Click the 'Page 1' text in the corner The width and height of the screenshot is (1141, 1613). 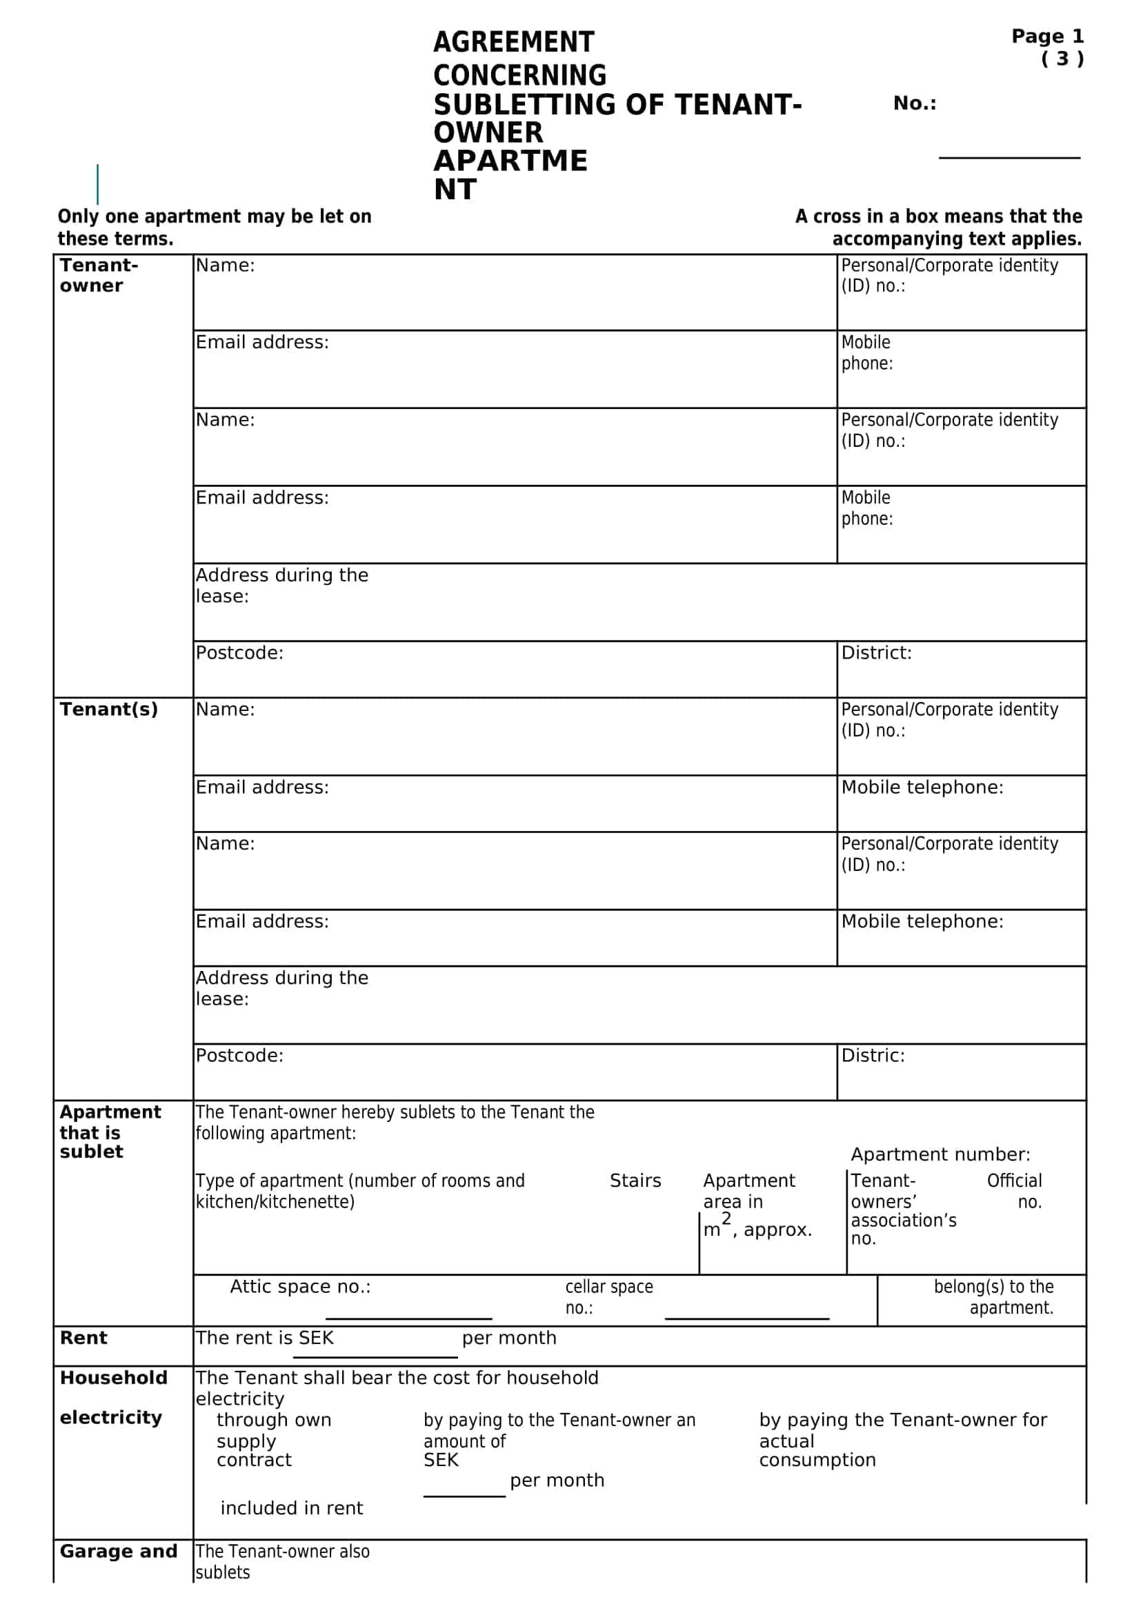point(1047,37)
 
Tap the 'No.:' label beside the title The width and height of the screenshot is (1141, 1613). point(914,103)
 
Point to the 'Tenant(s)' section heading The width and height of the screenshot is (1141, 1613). point(108,710)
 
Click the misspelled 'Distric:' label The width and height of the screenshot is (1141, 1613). point(873,1056)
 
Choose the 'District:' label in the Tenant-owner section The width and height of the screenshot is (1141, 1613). point(876,653)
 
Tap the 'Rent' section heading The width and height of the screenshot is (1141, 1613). point(83,1339)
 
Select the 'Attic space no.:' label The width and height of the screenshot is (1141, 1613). point(300,1287)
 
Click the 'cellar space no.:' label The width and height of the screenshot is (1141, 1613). point(608,1297)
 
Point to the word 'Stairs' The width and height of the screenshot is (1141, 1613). point(635,1181)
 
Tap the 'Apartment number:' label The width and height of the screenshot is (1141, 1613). point(940,1155)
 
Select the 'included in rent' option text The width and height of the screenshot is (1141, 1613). point(292,1508)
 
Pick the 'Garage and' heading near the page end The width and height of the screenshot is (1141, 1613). point(118,1551)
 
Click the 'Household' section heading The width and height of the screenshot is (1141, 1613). point(113,1378)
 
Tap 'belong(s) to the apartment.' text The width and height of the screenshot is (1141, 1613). point(993,1297)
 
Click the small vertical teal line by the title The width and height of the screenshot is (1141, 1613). point(98,184)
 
